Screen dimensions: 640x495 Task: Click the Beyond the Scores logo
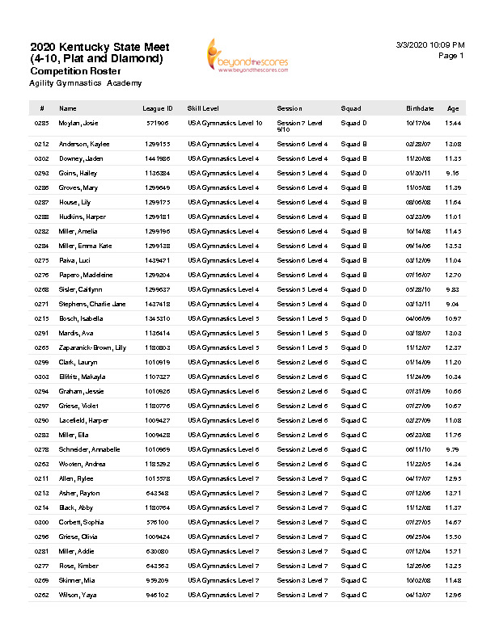[x=247, y=56]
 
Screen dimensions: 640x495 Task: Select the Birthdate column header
[x=420, y=108]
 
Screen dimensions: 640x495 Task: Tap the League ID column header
[x=158, y=108]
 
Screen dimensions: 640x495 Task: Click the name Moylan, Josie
[x=78, y=123]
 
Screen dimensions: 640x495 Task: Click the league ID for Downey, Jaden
[x=157, y=158]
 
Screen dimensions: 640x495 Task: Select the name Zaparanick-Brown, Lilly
[x=93, y=347]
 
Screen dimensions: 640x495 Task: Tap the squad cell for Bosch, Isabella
[x=353, y=318]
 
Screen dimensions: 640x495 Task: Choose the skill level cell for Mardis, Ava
[x=223, y=333]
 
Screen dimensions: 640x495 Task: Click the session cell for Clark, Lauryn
[x=302, y=362]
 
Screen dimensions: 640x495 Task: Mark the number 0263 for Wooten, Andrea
[x=42, y=464]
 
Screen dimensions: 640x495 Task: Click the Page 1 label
[x=451, y=57]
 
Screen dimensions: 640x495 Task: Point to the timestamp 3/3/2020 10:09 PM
[x=431, y=45]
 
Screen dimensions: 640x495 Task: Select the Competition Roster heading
[x=70, y=71]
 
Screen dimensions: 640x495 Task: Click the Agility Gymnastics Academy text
[x=85, y=83]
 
